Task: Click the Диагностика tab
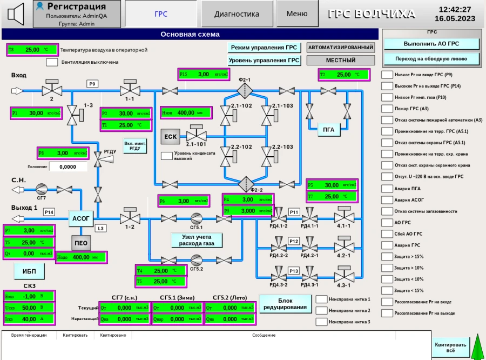coord(237,14)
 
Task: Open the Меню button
coord(297,14)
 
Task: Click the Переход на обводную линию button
coord(431,58)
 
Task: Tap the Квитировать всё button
coord(450,347)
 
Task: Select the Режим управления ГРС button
coord(264,48)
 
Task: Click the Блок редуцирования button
coord(286,304)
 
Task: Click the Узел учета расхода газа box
coord(197,240)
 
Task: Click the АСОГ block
coord(82,218)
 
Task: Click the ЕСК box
coord(171,136)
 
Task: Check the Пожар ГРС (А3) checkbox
coord(387,109)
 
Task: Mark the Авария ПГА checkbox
coord(387,188)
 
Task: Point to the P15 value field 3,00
coord(204,74)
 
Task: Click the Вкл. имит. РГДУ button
coord(135,146)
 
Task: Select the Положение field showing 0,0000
coord(67,166)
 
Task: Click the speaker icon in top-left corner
coord(16,14)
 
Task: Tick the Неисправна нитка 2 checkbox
coord(322,310)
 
